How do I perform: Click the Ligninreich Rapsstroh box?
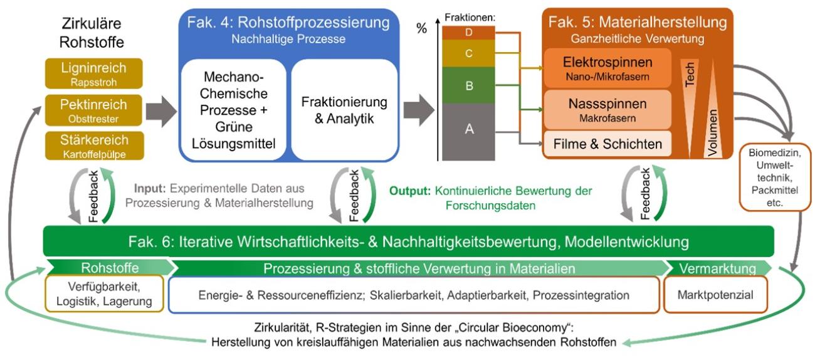[94, 73]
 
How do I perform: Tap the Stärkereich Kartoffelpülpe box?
[94, 146]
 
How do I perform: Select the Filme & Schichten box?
[607, 144]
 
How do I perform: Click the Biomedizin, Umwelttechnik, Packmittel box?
[776, 178]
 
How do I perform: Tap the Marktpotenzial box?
[715, 294]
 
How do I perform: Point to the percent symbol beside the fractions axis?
[421, 29]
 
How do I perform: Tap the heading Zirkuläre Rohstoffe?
[93, 33]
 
